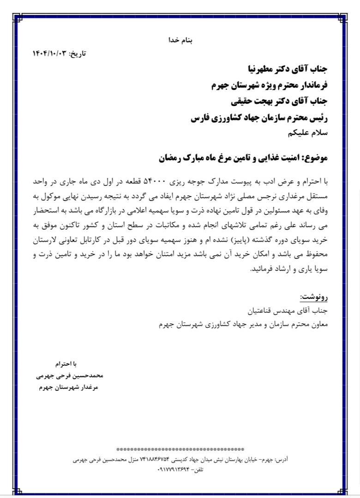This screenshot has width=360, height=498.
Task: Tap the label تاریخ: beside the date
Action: [x=78, y=53]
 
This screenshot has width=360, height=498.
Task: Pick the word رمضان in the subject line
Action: [x=171, y=158]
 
